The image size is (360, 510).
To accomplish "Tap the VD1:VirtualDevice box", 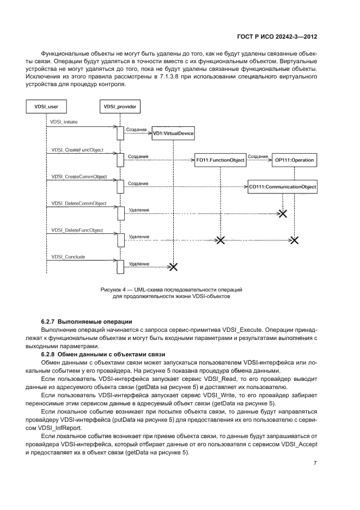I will click(173, 133).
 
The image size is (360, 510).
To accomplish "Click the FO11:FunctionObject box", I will click(221, 160).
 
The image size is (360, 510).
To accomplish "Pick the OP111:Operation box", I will click(295, 160).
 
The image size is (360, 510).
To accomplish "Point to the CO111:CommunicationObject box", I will click(283, 187).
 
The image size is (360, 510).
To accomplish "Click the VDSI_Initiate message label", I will click(65, 122).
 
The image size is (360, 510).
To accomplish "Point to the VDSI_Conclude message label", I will click(68, 257).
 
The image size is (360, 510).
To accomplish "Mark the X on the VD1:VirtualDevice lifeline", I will click(173, 267).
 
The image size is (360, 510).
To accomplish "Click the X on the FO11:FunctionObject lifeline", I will click(221, 240).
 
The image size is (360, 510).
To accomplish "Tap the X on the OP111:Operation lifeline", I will click(295, 240).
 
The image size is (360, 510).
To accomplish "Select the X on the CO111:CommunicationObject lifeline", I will click(283, 213).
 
